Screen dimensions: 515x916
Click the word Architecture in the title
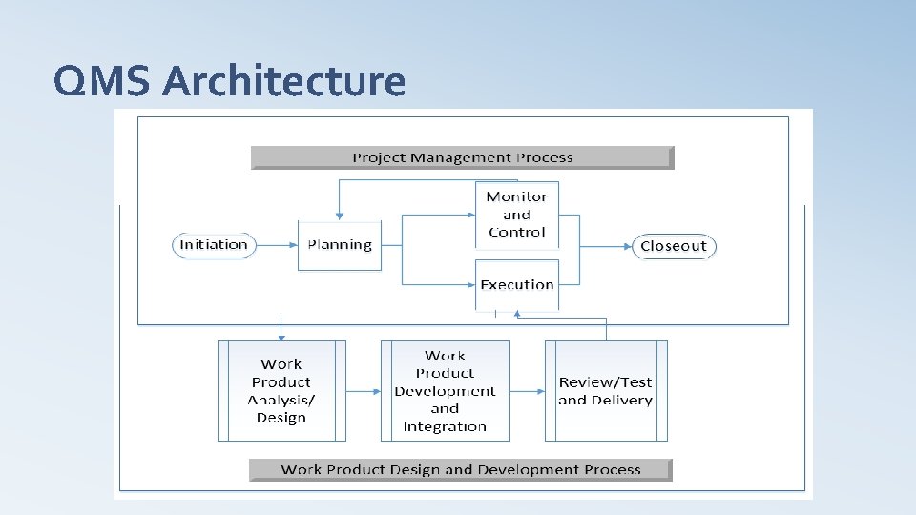[283, 81]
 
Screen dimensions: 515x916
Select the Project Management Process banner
[463, 157]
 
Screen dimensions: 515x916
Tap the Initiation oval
[214, 245]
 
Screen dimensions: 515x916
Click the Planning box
[340, 245]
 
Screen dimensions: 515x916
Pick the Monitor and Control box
[516, 215]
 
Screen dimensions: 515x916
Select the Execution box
[516, 284]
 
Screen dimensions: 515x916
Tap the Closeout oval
[674, 246]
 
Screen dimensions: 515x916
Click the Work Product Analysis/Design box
[281, 391]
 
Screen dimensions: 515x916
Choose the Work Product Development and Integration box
[445, 391]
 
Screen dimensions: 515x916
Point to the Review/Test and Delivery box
[606, 391]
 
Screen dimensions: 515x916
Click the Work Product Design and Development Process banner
[461, 469]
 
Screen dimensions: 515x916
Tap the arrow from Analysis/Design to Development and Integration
[363, 391]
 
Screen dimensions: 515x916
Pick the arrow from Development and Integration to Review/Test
[527, 391]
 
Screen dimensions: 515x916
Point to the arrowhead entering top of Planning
[339, 216]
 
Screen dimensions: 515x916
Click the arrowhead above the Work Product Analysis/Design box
[281, 336]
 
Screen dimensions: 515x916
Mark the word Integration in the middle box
[445, 426]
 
